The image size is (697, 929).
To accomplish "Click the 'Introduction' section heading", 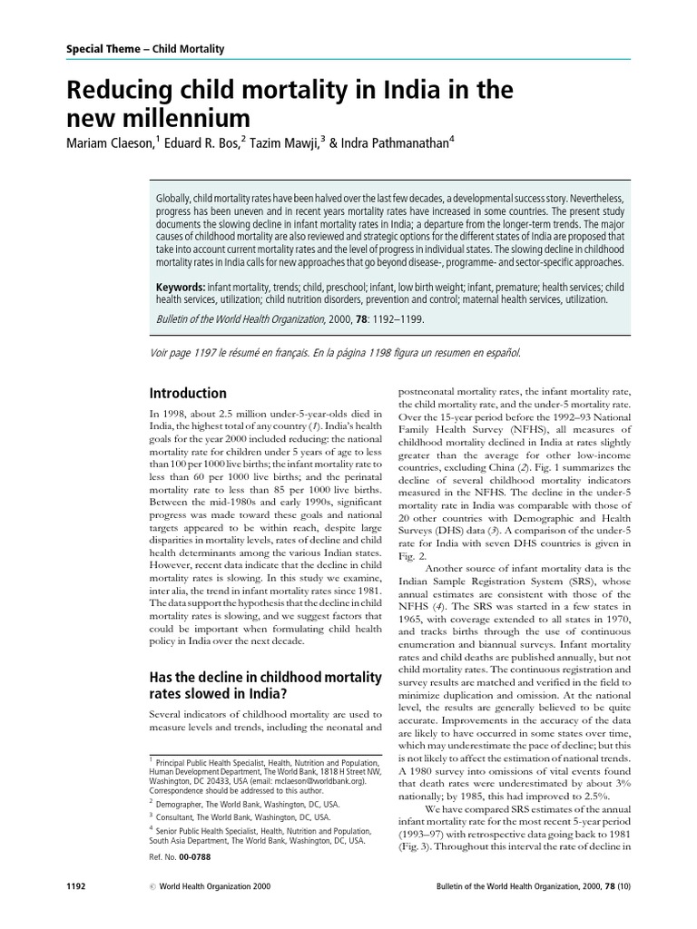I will (x=187, y=393).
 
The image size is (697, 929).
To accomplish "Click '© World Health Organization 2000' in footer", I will (x=214, y=910).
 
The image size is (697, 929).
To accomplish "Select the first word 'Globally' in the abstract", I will (x=173, y=197).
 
